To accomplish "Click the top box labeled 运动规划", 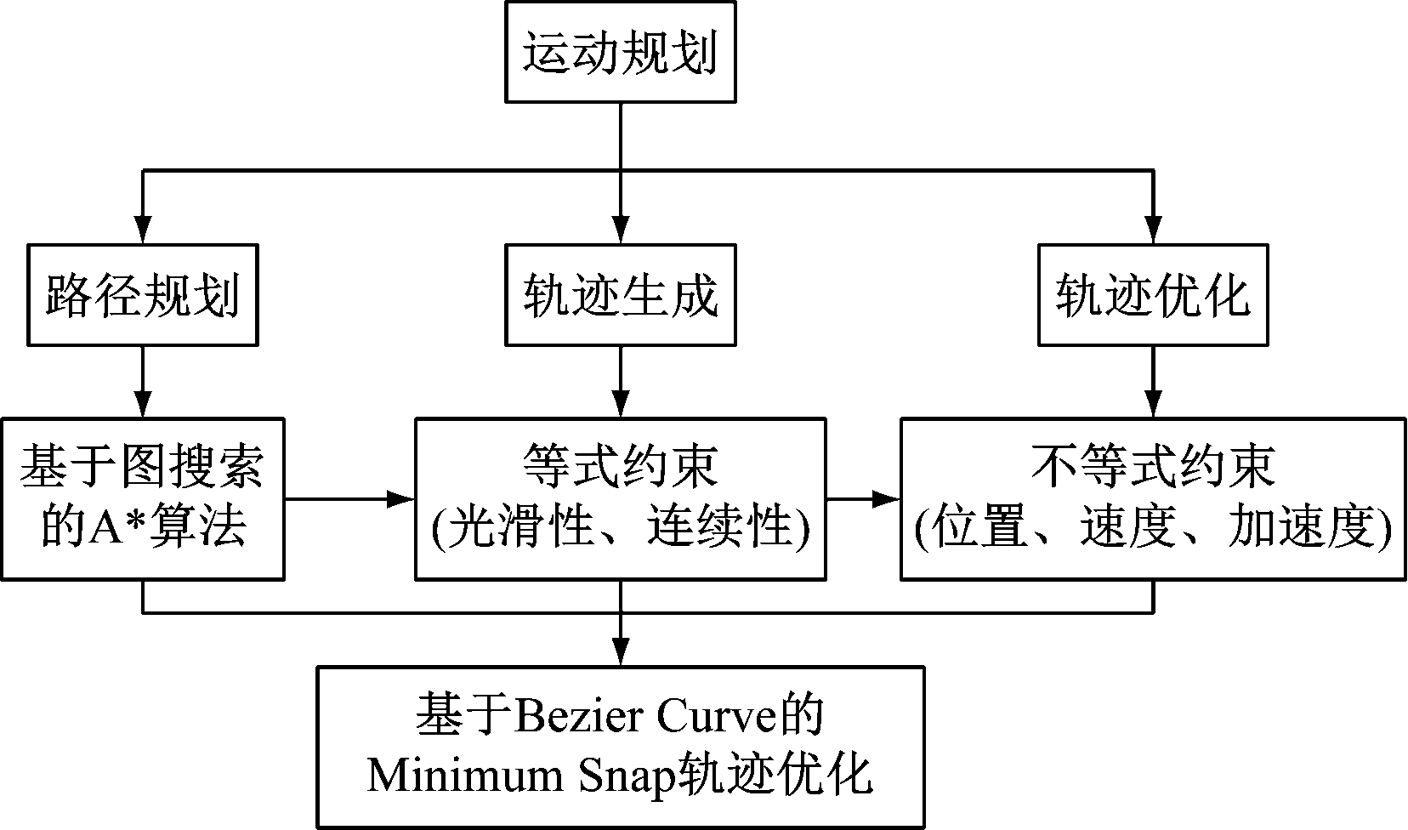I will (x=620, y=53).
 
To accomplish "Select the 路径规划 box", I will (x=142, y=295).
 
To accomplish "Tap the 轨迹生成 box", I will (x=620, y=295).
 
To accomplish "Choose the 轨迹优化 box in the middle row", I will (x=1153, y=295).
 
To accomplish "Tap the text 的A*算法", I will (x=142, y=527).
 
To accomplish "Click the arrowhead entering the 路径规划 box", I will (x=142, y=233).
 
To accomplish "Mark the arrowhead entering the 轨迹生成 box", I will (x=621, y=233).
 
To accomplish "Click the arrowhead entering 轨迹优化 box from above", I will (x=1153, y=233).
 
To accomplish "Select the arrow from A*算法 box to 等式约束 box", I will (x=349, y=499).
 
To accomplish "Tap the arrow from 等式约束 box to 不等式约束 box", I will (x=863, y=499).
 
